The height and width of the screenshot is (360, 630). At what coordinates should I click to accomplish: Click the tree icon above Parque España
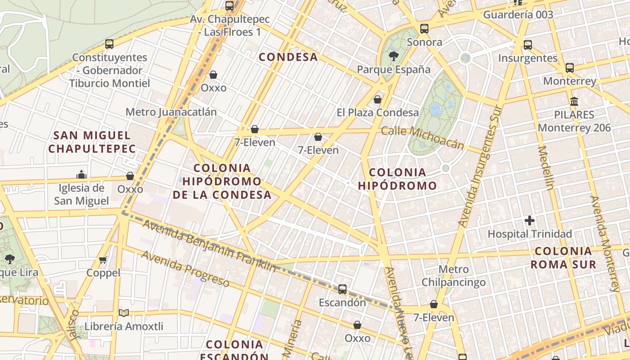[394, 56]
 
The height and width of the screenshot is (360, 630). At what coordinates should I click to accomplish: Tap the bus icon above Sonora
[424, 29]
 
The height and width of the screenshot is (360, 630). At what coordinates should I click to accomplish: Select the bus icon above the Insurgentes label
[528, 45]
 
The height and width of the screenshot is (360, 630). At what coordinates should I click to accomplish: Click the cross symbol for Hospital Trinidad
[530, 220]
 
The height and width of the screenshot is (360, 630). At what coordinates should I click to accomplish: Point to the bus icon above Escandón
[342, 289]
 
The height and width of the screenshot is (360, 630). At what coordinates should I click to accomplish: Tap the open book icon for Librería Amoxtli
[124, 313]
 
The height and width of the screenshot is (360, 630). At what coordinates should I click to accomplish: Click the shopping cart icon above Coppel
[103, 260]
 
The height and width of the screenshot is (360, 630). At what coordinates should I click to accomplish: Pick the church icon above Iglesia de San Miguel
[81, 175]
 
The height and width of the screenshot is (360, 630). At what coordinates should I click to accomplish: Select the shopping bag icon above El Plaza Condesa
[378, 99]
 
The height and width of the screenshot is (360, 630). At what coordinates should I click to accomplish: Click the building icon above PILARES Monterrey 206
[574, 101]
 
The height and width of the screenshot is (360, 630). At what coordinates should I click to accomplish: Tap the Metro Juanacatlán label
[171, 112]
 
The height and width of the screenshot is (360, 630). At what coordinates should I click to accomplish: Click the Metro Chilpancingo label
[453, 276]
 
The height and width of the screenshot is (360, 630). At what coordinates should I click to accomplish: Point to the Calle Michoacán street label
[422, 137]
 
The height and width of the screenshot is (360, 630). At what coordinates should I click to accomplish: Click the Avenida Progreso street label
[185, 268]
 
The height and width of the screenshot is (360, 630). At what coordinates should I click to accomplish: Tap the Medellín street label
[545, 167]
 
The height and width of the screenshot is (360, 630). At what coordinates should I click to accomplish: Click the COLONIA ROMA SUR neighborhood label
[563, 258]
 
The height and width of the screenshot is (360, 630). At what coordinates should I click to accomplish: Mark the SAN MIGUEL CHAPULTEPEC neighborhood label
[92, 142]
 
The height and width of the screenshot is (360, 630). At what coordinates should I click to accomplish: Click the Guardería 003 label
[518, 14]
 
